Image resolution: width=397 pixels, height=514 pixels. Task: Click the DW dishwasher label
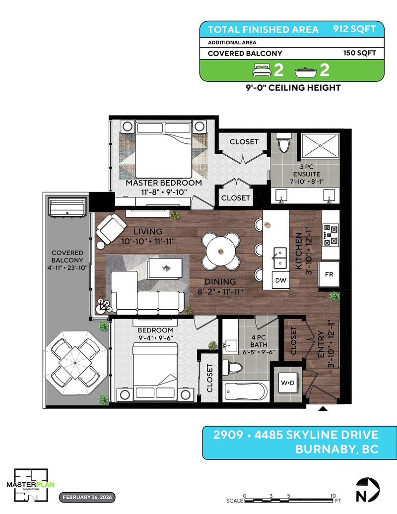(x=280, y=280)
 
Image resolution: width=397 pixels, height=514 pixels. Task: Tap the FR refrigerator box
(x=329, y=274)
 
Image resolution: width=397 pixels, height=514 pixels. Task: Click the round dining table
(x=220, y=251)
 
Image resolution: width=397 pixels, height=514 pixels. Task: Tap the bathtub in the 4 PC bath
(x=246, y=391)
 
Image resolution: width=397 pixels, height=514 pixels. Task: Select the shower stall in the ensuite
(x=320, y=145)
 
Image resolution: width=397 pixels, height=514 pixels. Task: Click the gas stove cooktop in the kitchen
(x=331, y=235)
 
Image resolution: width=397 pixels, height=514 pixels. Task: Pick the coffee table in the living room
(x=165, y=268)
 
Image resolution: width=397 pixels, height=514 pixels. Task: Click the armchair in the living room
(x=111, y=229)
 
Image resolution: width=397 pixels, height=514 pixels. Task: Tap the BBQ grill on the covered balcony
(x=68, y=206)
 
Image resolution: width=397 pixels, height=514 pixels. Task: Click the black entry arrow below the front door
(x=323, y=408)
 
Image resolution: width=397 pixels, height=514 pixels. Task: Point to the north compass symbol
(x=368, y=490)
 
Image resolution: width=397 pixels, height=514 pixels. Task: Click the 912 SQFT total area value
(x=354, y=29)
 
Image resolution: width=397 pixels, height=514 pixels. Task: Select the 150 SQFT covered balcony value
(x=360, y=53)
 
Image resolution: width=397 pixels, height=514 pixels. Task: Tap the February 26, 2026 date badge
(x=87, y=497)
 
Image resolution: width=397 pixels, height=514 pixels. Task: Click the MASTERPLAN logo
(x=31, y=485)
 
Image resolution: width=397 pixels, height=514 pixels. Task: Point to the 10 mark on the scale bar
(x=333, y=496)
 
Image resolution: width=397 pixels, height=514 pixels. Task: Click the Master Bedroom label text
(x=164, y=183)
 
